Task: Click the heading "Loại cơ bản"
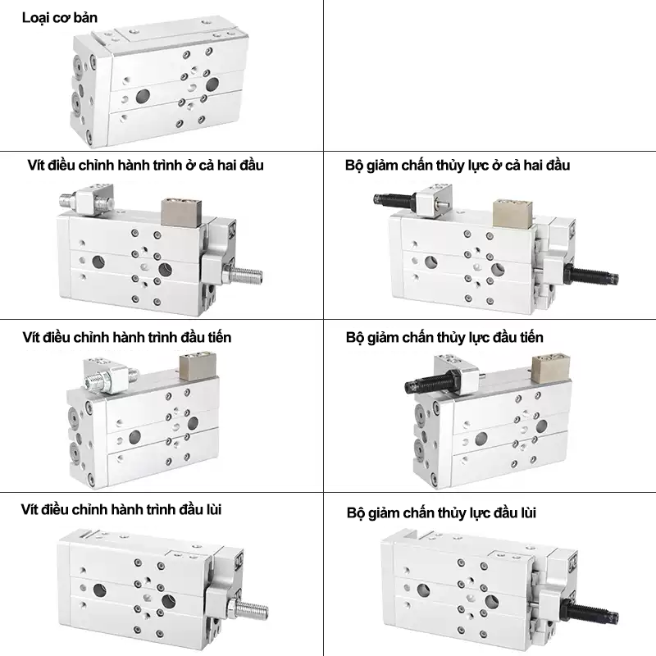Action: click(59, 18)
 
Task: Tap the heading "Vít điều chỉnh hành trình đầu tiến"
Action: click(127, 337)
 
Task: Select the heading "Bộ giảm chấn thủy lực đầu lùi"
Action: click(441, 513)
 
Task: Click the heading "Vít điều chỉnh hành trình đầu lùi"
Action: click(121, 509)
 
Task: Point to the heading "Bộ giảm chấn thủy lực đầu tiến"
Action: click(444, 338)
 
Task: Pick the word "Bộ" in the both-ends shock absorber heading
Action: click(354, 166)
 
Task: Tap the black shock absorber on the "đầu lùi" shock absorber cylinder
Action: click(590, 611)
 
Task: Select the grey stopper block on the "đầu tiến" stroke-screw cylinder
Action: click(197, 367)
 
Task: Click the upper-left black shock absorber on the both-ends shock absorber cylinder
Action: click(395, 198)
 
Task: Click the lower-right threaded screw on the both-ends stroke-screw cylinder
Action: click(244, 275)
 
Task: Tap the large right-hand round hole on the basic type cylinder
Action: click(212, 84)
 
